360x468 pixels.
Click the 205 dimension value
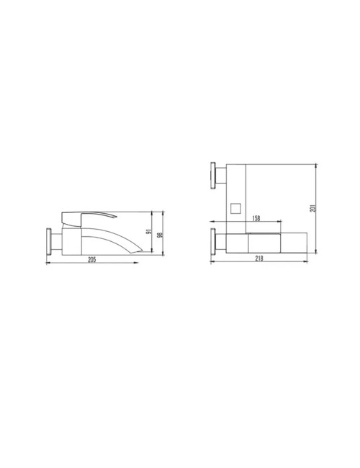click(92, 259)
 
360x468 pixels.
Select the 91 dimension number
click(148, 231)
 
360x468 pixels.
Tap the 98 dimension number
click(160, 234)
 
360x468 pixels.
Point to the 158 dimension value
click(256, 218)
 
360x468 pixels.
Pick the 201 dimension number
click(312, 208)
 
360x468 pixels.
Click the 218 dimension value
click(259, 258)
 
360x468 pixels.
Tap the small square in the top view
click(235, 208)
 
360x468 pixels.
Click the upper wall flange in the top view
click(213, 176)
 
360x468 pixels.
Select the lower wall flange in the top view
click(213, 242)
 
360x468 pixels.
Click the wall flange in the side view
click(48, 241)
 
